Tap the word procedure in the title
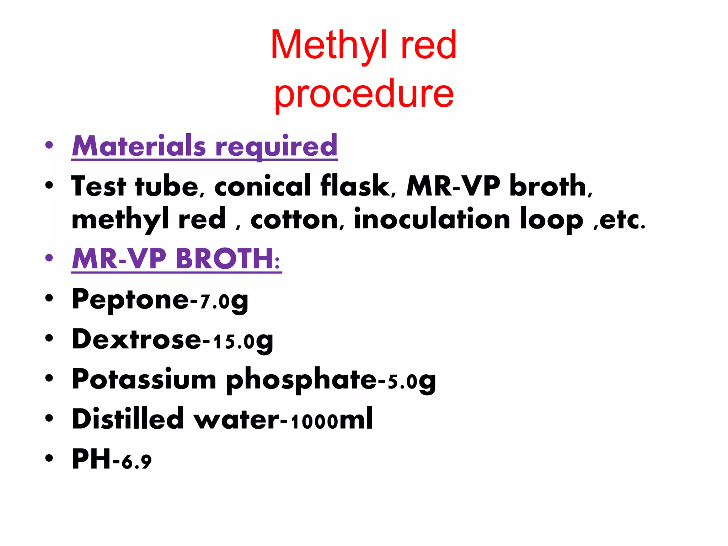(x=364, y=93)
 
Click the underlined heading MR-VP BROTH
(x=176, y=258)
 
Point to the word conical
(x=263, y=186)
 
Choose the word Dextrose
(x=136, y=339)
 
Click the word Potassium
(x=144, y=379)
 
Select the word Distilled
(x=128, y=419)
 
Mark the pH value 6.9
(x=136, y=461)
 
